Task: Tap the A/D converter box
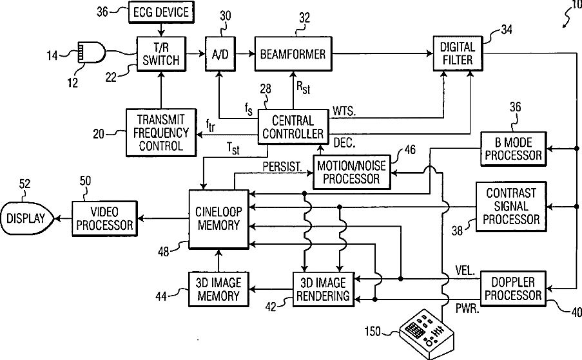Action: pos(219,55)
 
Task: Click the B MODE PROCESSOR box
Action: pos(513,149)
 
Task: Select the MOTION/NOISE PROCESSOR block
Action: pos(352,171)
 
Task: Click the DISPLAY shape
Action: pos(26,218)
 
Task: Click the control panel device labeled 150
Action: pos(426,334)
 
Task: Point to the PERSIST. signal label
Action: pos(281,166)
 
